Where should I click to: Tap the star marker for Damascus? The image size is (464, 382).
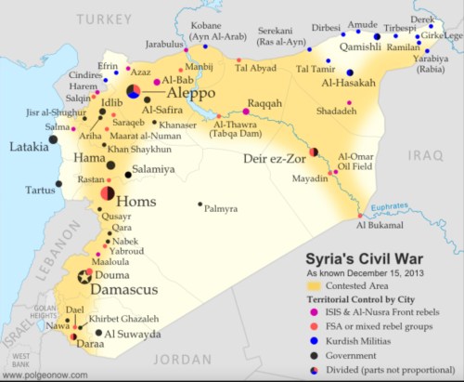click(x=85, y=276)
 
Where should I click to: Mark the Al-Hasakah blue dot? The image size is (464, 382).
click(x=350, y=72)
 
